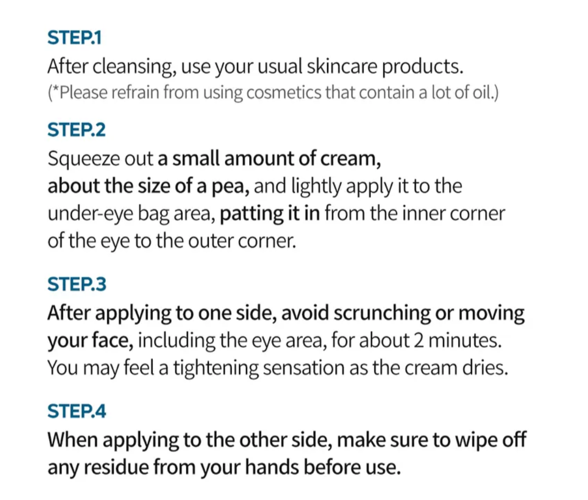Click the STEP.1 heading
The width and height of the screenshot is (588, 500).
tap(74, 38)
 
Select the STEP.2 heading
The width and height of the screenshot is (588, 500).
tap(76, 130)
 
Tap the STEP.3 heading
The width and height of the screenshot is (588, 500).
tap(77, 284)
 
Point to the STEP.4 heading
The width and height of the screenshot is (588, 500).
tap(77, 411)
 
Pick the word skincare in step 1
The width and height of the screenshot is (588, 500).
tap(342, 66)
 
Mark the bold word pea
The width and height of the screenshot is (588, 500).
tap(230, 187)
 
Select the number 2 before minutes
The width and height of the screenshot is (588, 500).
tap(418, 341)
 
